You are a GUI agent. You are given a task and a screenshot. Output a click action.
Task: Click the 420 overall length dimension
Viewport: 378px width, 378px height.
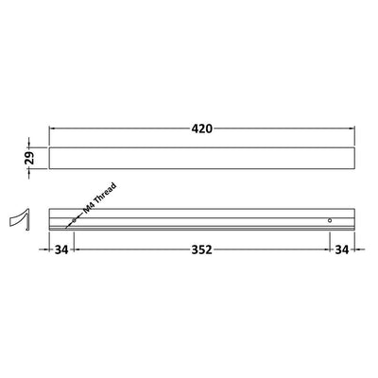tap(202, 129)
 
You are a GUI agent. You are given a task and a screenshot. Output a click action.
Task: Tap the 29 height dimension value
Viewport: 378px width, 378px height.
tap(29, 158)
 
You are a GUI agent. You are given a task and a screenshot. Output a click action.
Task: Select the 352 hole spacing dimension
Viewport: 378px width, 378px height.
tap(202, 249)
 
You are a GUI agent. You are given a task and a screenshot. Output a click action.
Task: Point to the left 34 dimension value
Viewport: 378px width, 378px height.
tap(61, 249)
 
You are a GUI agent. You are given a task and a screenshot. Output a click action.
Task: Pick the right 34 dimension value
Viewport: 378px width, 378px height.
tap(342, 249)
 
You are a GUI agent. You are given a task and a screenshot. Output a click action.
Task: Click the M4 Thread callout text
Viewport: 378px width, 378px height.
tap(99, 198)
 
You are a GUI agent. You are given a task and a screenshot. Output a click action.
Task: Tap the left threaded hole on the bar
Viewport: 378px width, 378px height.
tap(74, 220)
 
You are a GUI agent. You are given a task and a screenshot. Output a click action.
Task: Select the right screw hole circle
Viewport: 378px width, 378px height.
tap(330, 220)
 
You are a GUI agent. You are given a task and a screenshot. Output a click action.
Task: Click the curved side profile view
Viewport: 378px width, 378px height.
tap(20, 219)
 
